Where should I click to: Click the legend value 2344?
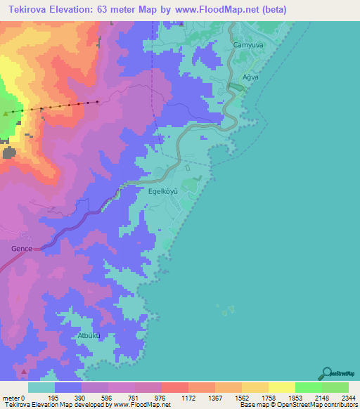coord(348,397)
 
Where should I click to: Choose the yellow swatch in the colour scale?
coord(281,387)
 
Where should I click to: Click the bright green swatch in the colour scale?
coord(308,387)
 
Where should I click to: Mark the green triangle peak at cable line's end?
coord(7,112)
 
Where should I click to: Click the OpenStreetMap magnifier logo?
coord(326,373)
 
